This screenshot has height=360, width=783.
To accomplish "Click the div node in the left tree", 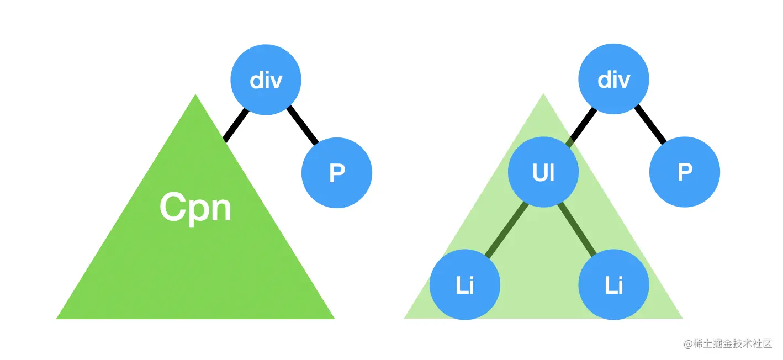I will [x=266, y=80].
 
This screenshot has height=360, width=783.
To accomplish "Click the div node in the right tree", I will [x=613, y=80].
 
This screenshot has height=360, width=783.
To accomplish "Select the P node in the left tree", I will [x=337, y=173].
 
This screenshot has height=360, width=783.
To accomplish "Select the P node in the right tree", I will [x=685, y=173].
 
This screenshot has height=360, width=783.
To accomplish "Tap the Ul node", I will [x=543, y=173].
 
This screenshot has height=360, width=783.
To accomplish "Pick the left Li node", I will [x=465, y=285].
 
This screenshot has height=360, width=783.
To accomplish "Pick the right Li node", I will [x=613, y=285].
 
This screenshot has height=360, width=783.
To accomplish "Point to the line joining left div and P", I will [x=303, y=125].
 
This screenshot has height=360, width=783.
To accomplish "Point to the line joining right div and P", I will [x=650, y=125].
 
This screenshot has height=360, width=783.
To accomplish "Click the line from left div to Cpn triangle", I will [x=234, y=124].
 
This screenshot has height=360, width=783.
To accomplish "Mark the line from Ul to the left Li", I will [x=504, y=230].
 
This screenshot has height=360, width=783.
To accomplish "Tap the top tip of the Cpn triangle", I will [x=195, y=96].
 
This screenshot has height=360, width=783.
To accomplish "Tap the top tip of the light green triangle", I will [x=543, y=95].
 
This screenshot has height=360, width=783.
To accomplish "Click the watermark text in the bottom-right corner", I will [x=728, y=344].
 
